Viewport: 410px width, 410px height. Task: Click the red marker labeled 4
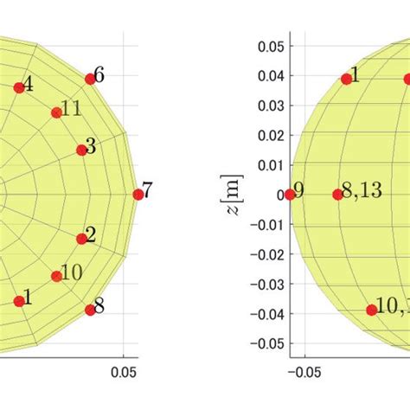(x=19, y=87)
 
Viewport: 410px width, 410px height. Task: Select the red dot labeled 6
(x=90, y=79)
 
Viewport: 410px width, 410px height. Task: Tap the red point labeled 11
(x=56, y=112)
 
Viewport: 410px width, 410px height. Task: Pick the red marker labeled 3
(x=83, y=150)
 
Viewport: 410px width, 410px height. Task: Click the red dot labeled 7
(x=138, y=195)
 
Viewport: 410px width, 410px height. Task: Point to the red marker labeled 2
(x=82, y=239)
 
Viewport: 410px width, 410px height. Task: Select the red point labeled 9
(x=290, y=195)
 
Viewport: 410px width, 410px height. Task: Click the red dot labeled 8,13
(x=337, y=195)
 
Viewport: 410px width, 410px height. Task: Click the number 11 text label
(x=73, y=109)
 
